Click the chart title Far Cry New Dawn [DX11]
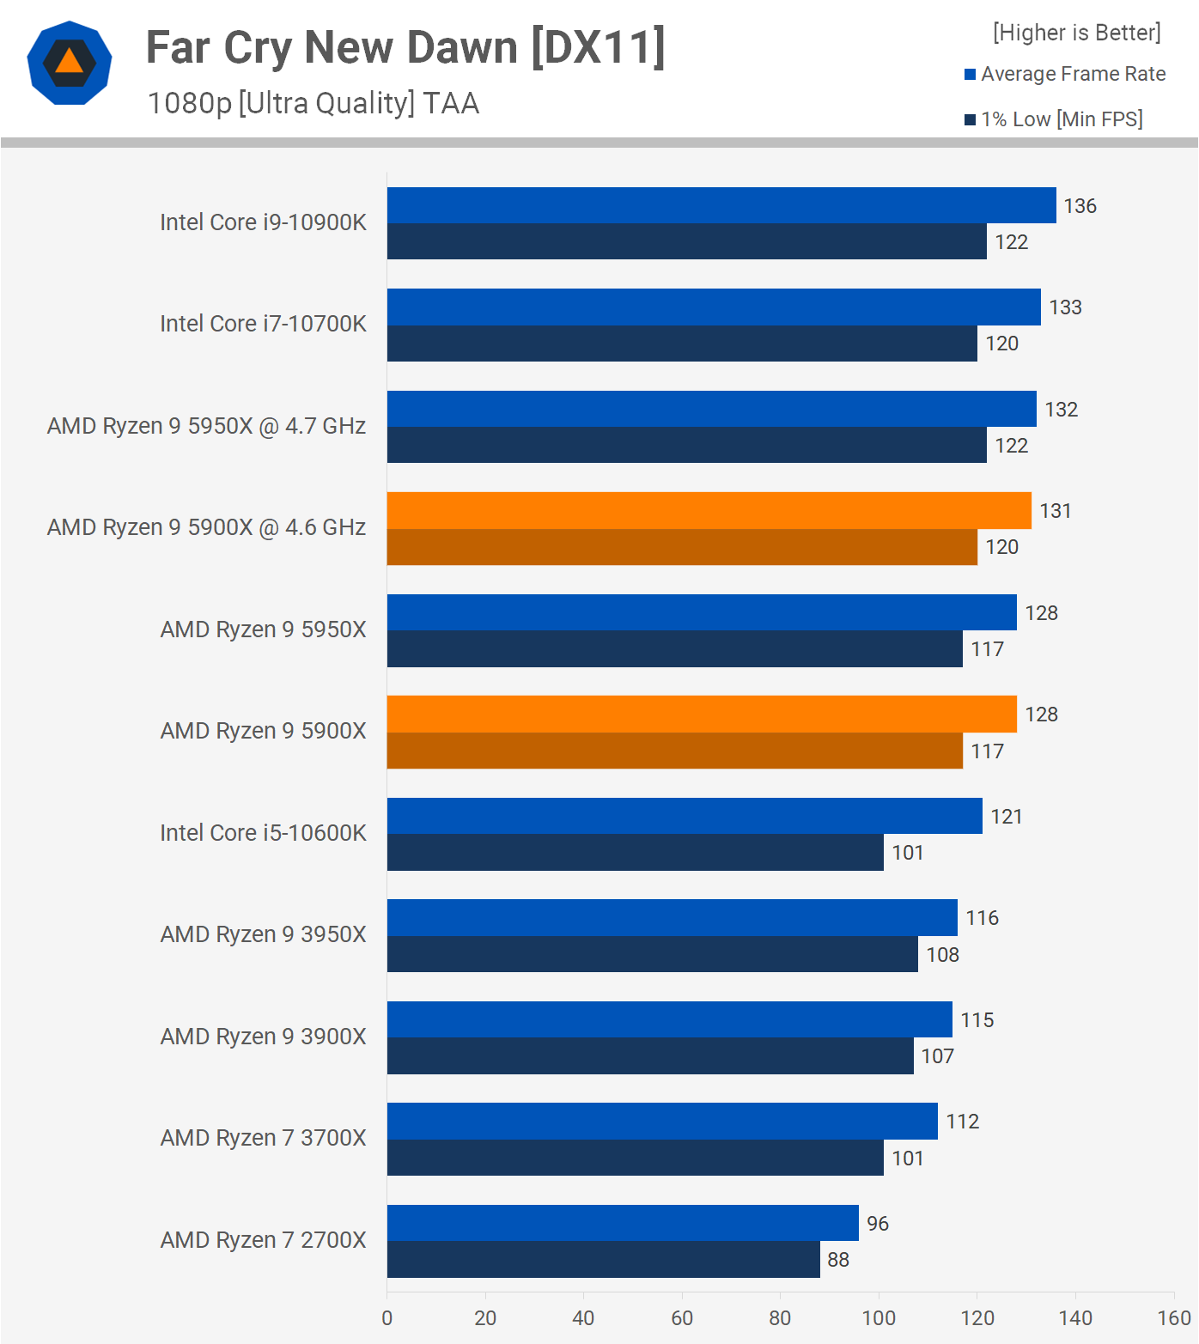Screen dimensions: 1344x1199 405,48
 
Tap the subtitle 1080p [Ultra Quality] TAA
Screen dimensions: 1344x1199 313,103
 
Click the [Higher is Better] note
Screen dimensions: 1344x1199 1076,33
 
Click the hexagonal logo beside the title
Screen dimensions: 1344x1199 70,63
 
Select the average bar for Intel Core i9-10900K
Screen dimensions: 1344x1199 721,205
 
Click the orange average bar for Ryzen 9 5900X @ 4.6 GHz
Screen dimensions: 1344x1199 709,510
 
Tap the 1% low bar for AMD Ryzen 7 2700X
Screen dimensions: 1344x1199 603,1259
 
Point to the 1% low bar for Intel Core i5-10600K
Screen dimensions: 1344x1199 635,852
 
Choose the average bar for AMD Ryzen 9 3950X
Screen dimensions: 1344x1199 672,917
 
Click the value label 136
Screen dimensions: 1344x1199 1080,206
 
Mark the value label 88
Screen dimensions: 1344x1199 838,1260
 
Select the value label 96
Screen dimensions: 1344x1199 877,1224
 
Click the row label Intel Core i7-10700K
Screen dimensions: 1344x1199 263,324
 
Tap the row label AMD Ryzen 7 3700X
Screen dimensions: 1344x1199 263,1138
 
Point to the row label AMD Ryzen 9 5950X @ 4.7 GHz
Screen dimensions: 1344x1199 206,426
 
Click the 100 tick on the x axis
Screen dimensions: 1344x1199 879,1318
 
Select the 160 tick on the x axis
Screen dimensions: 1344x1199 1173,1318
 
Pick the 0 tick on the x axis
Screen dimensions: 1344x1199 387,1318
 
